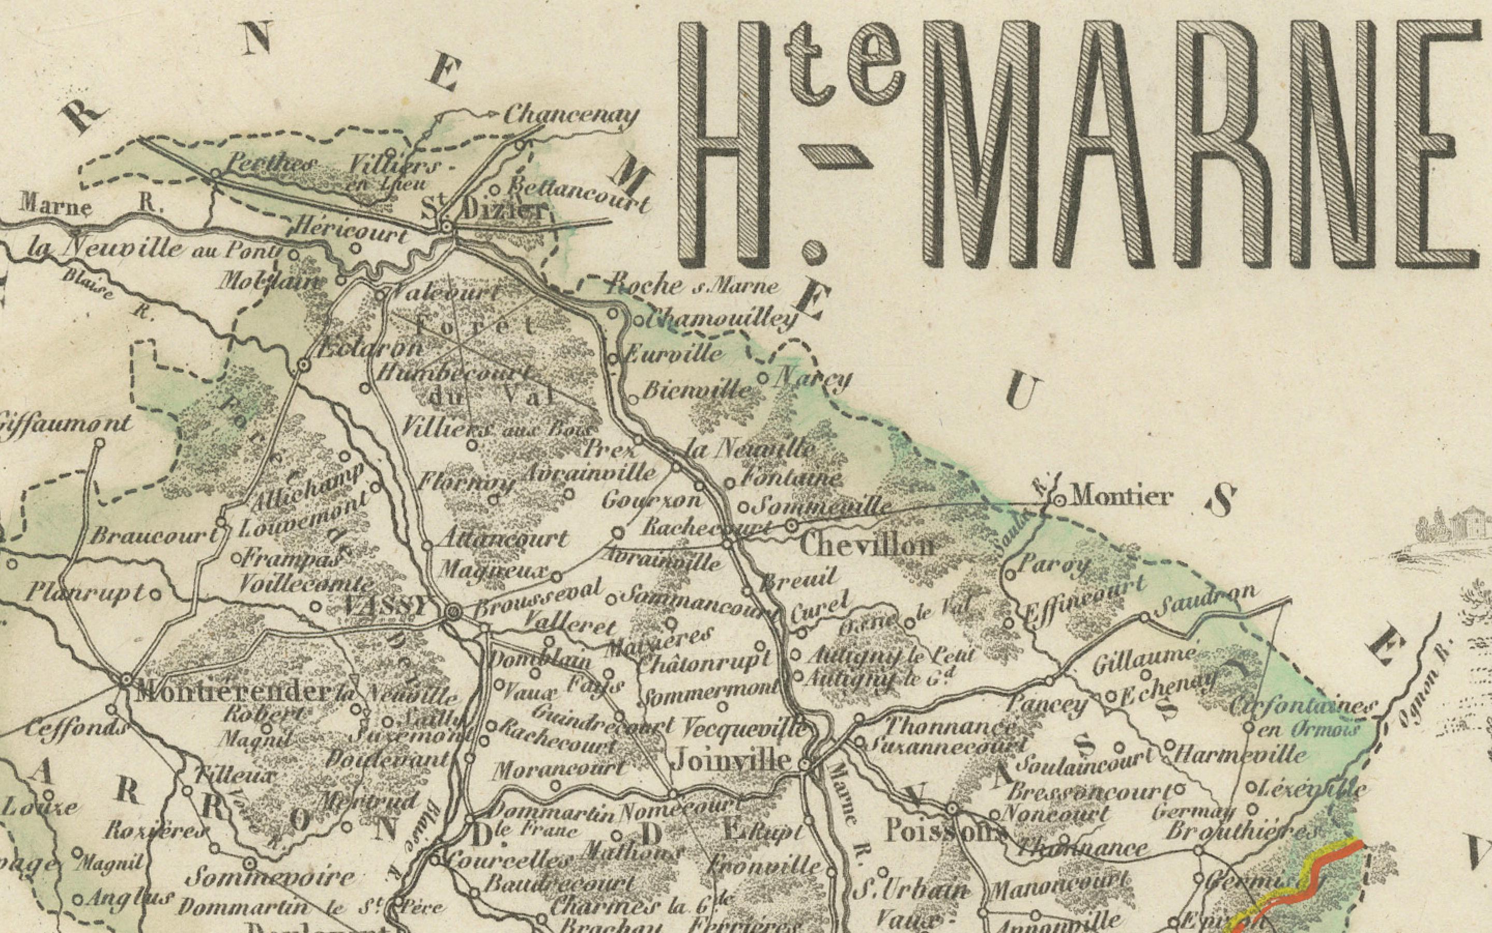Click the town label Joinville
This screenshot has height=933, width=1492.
click(731, 760)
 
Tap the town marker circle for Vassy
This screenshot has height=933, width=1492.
click(453, 611)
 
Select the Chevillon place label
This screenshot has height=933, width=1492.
click(866, 546)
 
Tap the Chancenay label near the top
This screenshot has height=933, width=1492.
click(570, 115)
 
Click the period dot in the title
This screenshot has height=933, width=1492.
click(813, 252)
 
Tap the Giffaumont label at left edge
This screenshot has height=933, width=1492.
click(65, 425)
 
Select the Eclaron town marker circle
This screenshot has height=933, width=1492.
click(303, 366)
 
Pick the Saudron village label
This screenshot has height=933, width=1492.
click(1205, 594)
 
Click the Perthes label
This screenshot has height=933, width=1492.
click(271, 165)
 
